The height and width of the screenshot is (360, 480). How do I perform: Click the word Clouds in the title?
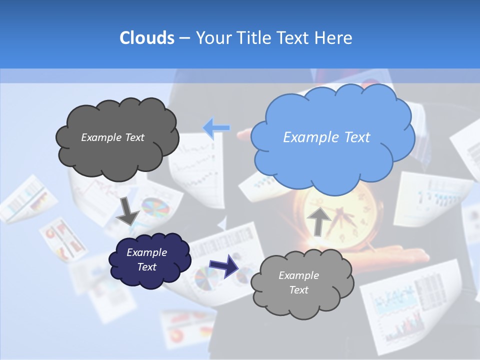[x=146, y=38]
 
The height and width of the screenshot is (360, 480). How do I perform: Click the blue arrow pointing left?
[x=216, y=128]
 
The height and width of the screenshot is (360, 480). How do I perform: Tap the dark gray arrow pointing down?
[x=128, y=211]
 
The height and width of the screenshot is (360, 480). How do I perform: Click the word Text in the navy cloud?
[x=147, y=267]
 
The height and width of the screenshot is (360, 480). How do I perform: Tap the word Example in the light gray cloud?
[x=298, y=275]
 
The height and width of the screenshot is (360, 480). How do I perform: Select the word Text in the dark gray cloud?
[x=133, y=137]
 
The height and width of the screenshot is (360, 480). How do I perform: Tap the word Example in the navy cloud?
[x=146, y=252]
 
